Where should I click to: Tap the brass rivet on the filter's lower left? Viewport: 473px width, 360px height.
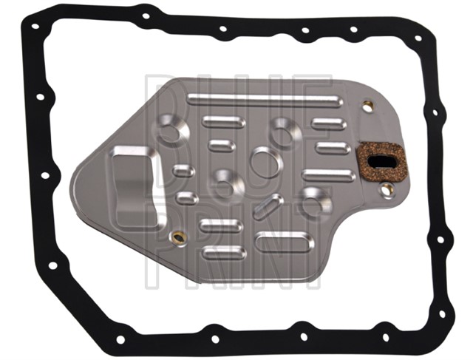tap(177, 238)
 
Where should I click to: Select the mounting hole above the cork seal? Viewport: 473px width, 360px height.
tap(367, 106)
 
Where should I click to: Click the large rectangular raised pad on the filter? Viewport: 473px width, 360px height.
tap(135, 180)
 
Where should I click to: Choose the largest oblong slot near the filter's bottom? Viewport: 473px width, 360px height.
tap(284, 242)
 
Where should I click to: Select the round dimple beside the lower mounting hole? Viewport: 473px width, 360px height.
tap(316, 202)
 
